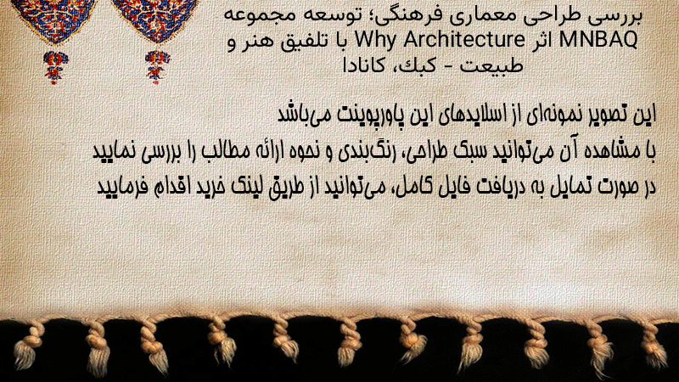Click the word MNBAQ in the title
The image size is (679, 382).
[598, 40]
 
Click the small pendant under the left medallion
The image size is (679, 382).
[55, 67]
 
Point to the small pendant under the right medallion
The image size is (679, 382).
[157, 66]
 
